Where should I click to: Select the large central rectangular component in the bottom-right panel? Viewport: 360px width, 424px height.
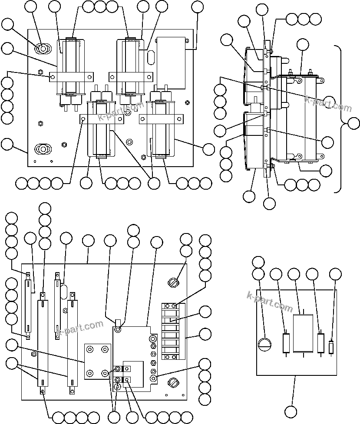303,333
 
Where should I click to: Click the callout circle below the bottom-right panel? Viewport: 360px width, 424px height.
292,411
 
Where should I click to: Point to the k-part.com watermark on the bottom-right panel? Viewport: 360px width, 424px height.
269,301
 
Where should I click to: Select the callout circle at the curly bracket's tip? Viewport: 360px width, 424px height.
354,123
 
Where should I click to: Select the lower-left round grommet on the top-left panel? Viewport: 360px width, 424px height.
43,149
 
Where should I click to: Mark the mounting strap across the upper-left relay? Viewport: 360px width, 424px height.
71,77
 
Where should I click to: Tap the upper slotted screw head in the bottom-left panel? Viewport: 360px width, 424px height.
173,283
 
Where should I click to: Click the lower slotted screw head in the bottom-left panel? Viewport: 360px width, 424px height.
173,383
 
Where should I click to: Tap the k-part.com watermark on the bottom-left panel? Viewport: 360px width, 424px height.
80,329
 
